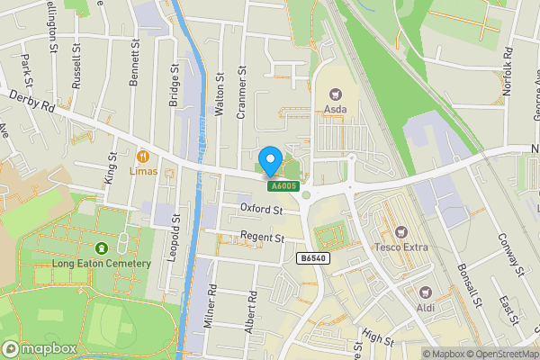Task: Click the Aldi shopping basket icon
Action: click(426, 292)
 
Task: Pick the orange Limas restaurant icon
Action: click(143, 155)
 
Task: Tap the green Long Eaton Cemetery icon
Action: click(100, 247)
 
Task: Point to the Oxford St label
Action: click(261, 210)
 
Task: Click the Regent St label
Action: click(262, 238)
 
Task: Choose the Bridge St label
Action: click(174, 85)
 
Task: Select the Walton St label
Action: click(220, 96)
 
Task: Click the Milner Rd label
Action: click(212, 305)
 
